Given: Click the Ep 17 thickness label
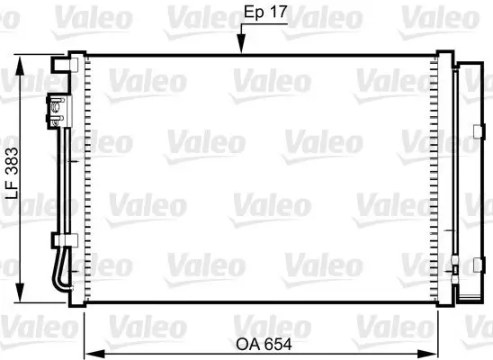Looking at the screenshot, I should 266,13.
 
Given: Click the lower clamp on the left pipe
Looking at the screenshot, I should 58,240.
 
